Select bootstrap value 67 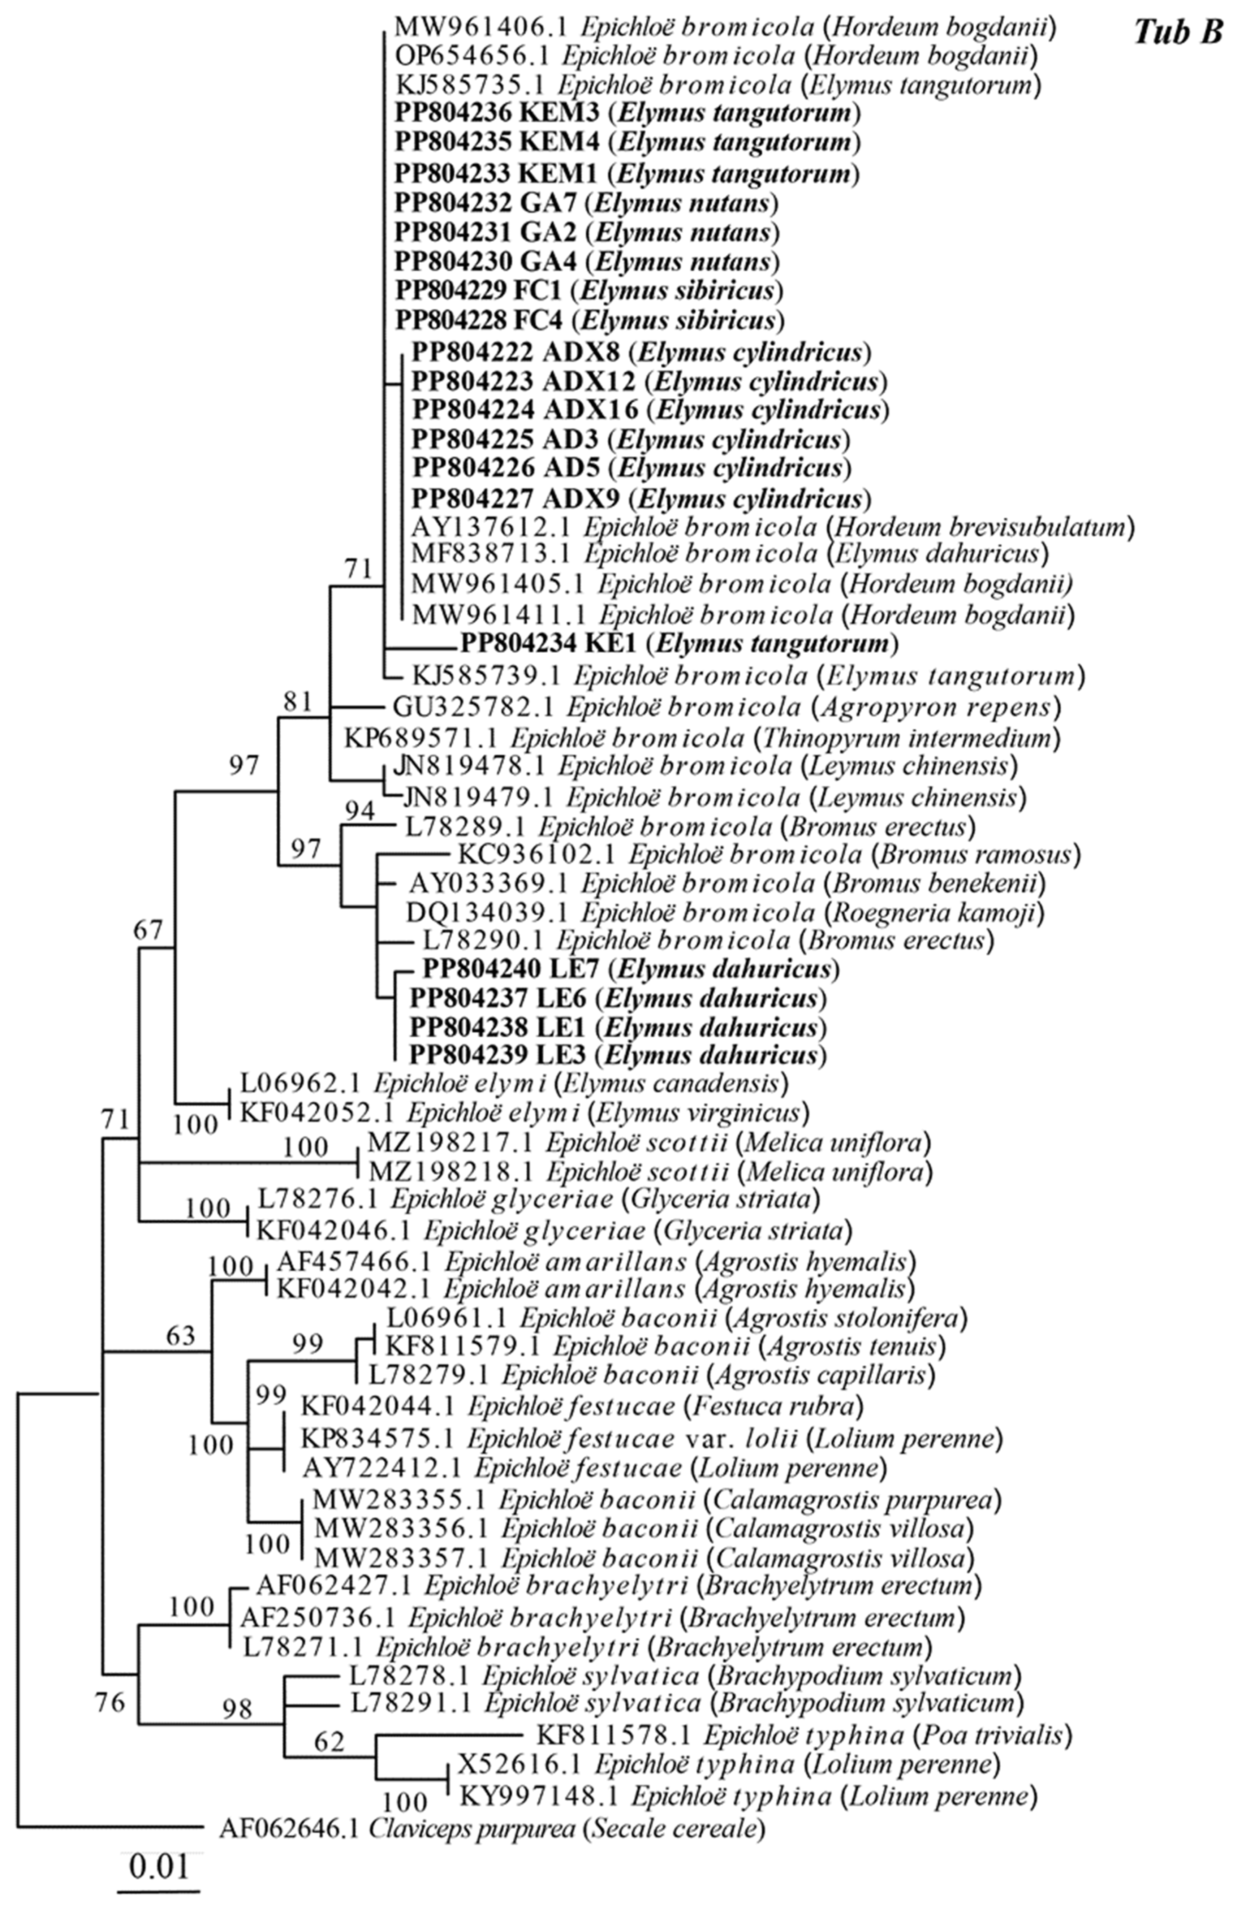[x=148, y=930]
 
